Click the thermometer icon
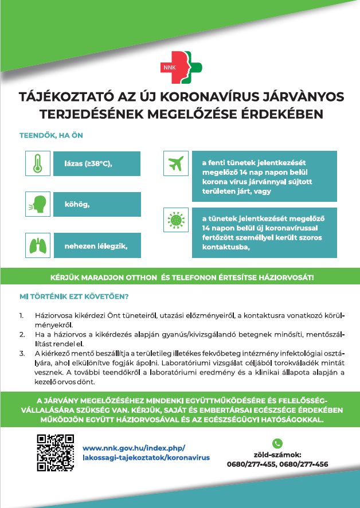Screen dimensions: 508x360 (37, 163)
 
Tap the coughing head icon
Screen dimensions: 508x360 (37, 204)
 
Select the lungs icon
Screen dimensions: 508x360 (37, 246)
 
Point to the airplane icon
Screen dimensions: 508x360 (176, 163)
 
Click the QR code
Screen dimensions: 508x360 (56, 453)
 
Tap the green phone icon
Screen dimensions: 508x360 (277, 443)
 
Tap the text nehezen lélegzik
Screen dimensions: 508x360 (95, 247)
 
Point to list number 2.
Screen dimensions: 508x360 (22, 333)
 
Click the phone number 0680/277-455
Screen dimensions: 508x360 (251, 464)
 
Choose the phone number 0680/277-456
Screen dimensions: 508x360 (304, 464)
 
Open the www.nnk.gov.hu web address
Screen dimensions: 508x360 (134, 448)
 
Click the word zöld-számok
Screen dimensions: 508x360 (277, 455)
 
